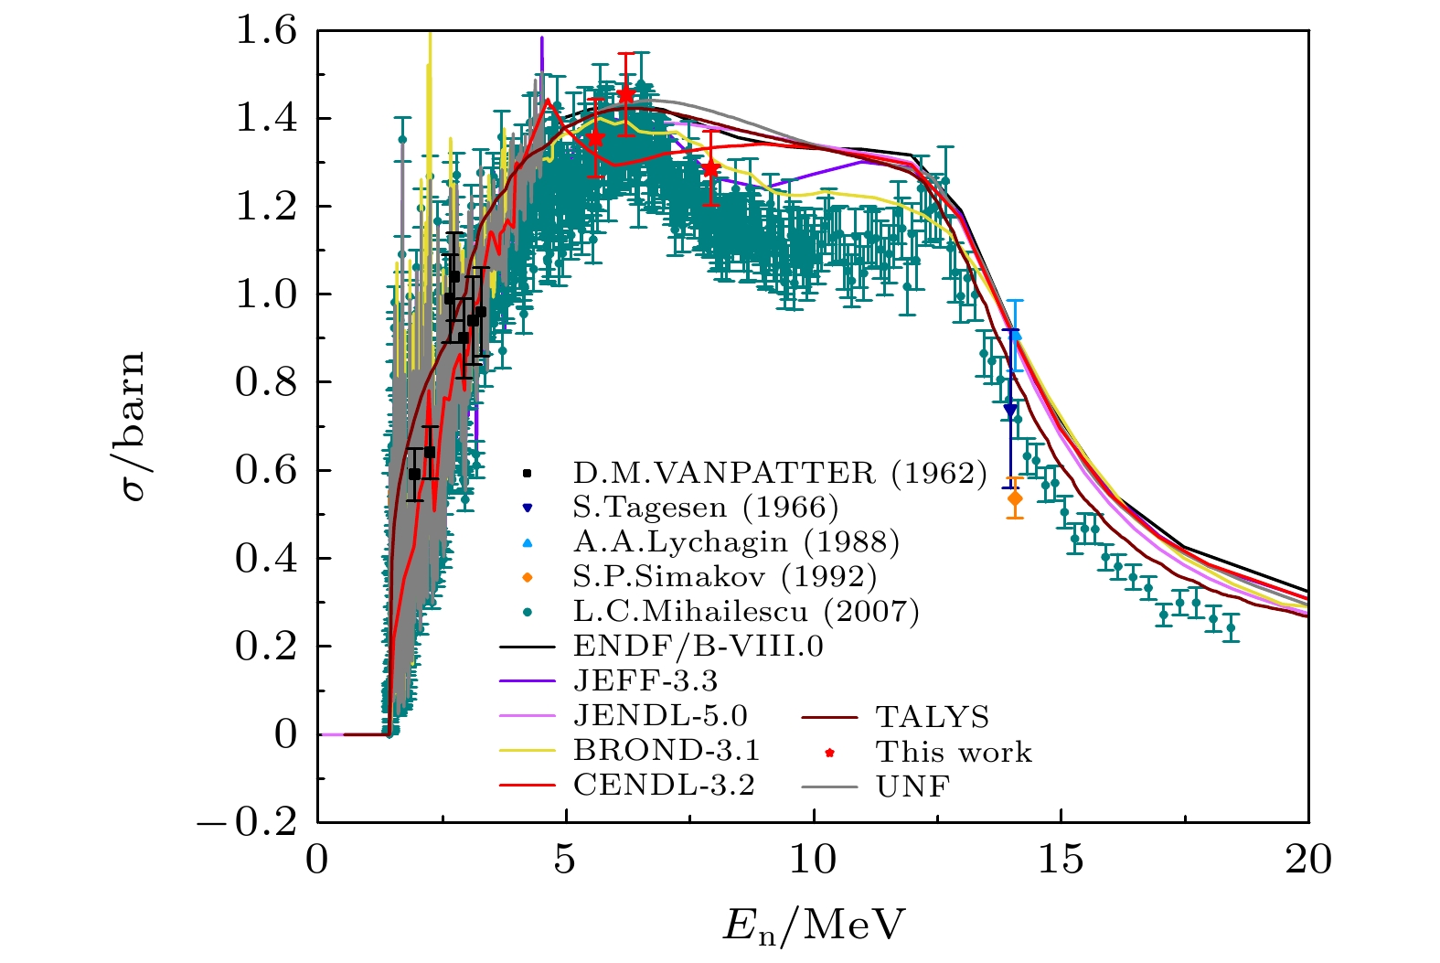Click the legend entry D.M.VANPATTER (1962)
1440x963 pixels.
pos(780,473)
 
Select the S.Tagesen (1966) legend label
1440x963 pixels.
pos(705,508)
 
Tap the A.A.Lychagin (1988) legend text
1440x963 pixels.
pos(736,542)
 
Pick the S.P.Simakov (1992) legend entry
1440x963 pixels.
pos(725,577)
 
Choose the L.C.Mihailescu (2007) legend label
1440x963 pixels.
pos(746,612)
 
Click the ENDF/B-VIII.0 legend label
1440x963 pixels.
pos(698,647)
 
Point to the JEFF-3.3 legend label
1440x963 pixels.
pos(645,681)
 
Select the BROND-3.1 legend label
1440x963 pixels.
pos(667,751)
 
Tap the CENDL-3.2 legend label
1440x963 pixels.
pos(664,786)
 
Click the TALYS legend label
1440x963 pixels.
pos(933,717)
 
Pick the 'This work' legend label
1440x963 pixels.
pos(954,752)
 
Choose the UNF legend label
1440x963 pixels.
pos(912,786)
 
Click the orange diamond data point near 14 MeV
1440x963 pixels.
pos(1014,498)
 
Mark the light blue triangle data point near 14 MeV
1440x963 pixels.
pos(1015,336)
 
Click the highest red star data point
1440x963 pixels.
pos(625,94)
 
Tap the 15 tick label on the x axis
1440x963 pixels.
pos(1061,861)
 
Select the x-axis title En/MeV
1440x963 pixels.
pos(813,926)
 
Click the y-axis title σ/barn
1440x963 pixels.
pos(133,427)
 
